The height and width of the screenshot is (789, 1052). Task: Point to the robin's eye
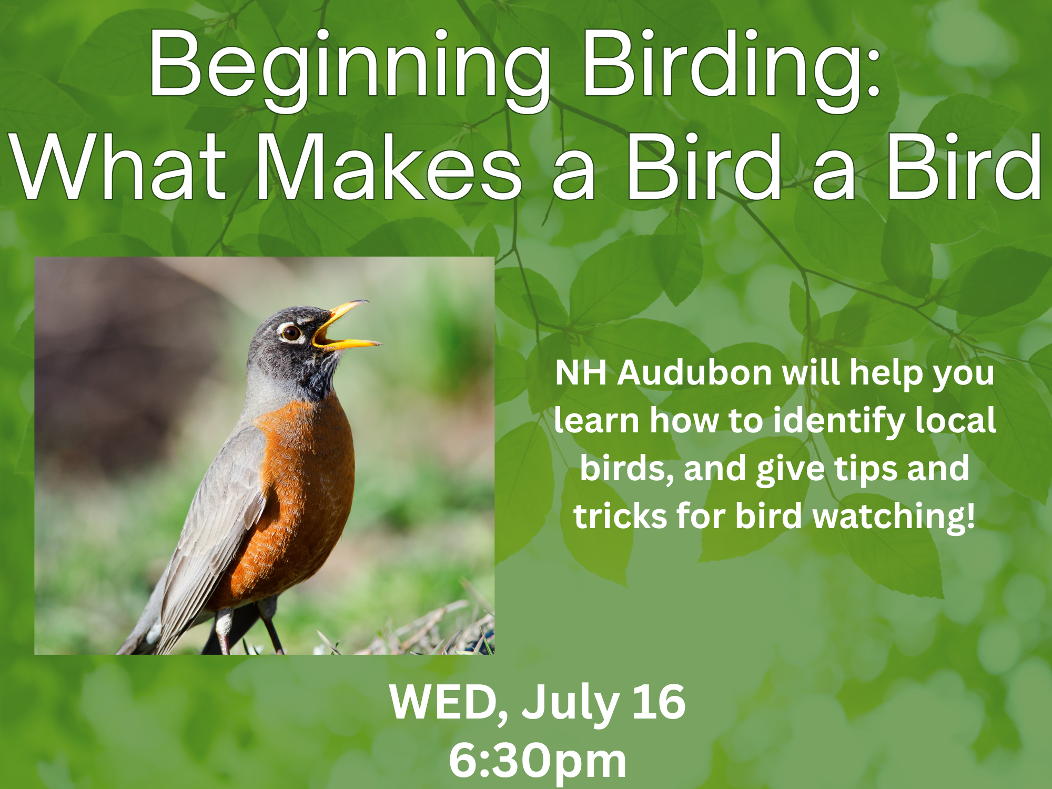[x=291, y=332]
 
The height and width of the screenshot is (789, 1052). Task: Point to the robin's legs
[x=247, y=629]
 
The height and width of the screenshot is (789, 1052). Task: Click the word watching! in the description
[x=894, y=516]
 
